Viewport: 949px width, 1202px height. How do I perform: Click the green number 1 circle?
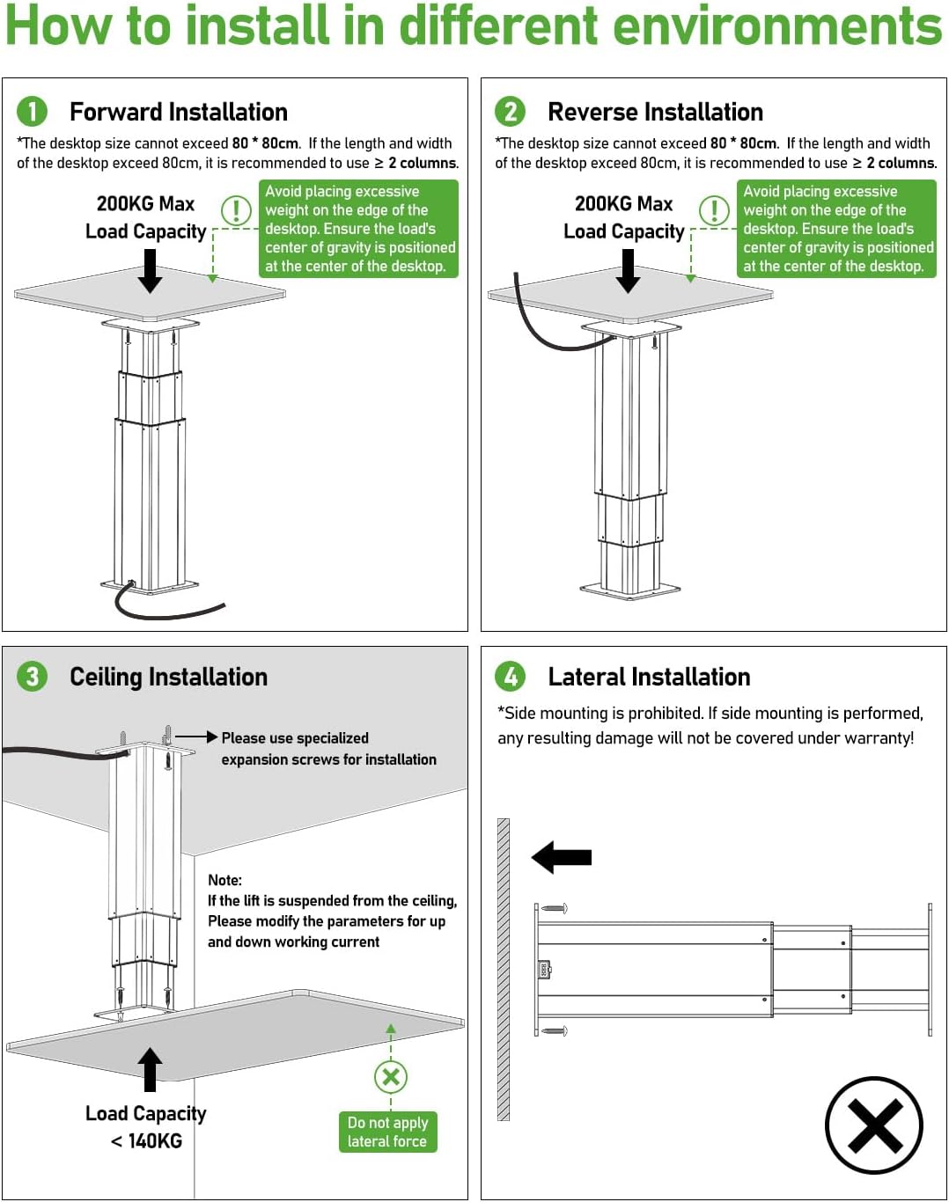32,112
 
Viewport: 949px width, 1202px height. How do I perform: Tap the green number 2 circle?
510,112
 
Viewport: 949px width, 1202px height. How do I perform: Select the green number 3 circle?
32,677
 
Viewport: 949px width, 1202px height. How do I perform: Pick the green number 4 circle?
510,677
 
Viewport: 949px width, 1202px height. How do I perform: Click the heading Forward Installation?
179,112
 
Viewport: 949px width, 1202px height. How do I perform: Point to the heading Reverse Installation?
655,112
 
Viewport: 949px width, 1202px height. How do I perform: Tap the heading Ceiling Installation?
168,677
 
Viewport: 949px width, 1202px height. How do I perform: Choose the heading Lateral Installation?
649,677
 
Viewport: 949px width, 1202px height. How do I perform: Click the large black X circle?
873,1125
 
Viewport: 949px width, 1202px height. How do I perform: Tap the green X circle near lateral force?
391,1075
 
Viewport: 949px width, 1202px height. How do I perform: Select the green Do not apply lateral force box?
387,1132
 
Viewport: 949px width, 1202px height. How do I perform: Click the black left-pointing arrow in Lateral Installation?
562,857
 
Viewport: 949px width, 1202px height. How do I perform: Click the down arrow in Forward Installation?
151,270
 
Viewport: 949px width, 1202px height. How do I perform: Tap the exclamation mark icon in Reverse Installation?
714,210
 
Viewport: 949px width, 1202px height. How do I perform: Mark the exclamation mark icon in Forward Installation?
236,210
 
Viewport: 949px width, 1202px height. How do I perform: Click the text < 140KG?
146,1141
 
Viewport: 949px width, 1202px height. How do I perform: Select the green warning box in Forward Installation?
358,229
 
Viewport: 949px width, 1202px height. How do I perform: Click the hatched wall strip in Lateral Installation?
504,969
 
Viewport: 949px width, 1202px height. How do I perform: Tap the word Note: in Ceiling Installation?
224,880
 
